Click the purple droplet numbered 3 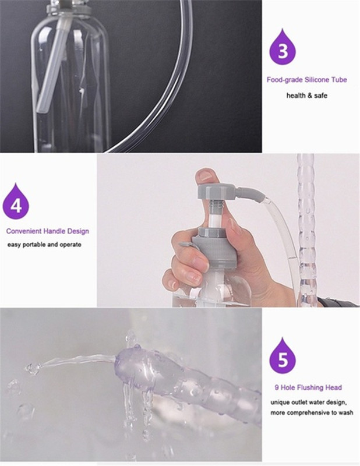click(283, 50)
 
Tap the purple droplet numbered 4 click(16, 203)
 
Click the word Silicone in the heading click(317, 80)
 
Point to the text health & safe click(306, 96)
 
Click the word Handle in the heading click(54, 231)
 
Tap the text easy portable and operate click(44, 245)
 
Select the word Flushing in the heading click(310, 387)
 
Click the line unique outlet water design click(309, 403)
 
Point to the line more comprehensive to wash click(312, 412)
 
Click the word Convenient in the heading click(23, 231)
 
